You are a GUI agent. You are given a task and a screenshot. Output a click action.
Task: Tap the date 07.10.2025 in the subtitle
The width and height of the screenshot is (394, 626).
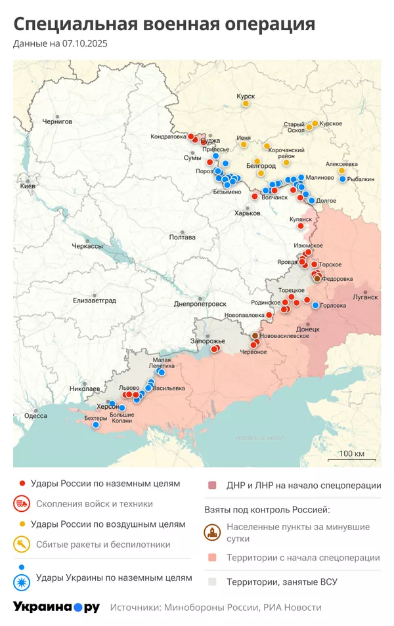(85, 44)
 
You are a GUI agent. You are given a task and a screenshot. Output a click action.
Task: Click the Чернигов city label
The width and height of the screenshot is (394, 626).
(56, 121)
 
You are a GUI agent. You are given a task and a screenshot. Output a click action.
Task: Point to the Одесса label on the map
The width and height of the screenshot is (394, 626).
(35, 415)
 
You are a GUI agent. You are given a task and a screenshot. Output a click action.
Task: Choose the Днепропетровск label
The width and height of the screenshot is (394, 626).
(200, 304)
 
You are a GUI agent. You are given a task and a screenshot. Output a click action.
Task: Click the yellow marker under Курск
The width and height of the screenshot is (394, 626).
(246, 104)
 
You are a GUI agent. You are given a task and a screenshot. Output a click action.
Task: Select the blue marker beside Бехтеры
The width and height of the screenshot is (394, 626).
(95, 425)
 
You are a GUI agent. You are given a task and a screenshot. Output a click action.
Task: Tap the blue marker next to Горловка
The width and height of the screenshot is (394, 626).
(316, 305)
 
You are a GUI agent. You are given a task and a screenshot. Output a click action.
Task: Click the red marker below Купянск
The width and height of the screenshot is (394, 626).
(301, 226)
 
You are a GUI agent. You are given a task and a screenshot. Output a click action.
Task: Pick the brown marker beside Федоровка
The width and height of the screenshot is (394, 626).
(317, 278)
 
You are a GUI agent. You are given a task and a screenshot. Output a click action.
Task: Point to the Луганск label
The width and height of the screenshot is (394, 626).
(365, 297)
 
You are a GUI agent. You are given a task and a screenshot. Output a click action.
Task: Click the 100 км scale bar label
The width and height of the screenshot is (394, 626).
(351, 454)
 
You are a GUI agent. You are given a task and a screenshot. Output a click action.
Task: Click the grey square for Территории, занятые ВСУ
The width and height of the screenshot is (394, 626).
(212, 581)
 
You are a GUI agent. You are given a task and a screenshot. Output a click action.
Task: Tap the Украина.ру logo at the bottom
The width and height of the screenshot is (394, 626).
(56, 607)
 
